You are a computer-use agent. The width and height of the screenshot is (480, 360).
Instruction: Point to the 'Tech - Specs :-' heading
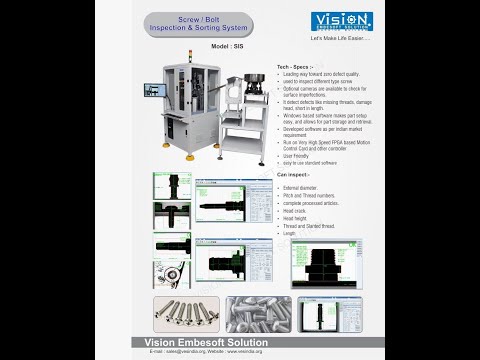[293, 66]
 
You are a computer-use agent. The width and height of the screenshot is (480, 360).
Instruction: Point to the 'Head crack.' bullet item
[297, 210]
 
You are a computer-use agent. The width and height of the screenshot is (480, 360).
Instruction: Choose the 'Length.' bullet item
[291, 234]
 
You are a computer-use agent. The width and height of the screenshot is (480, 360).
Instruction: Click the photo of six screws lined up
[187, 313]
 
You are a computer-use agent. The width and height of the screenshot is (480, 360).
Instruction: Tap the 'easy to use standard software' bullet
[311, 163]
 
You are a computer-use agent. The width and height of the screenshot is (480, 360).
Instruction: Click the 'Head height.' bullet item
[297, 218]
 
